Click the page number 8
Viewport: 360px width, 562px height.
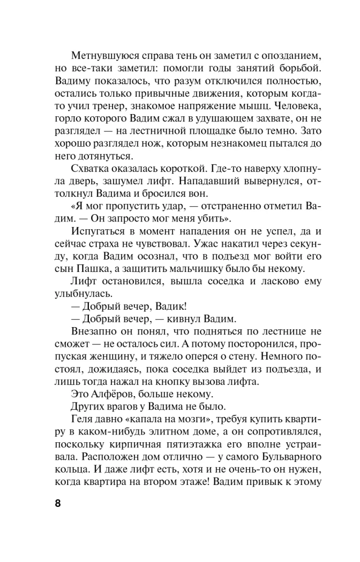58,503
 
